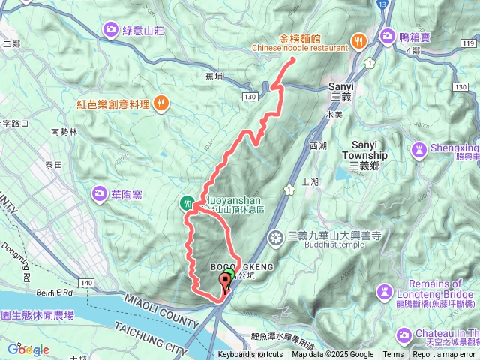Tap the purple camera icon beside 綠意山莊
(112, 30)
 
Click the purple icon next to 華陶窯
(100, 195)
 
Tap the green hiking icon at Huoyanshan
(186, 202)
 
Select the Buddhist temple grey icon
(277, 237)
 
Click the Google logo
(28, 349)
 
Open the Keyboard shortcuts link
(250, 355)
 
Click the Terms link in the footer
(393, 355)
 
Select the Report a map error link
(445, 355)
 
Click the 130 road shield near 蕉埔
(250, 97)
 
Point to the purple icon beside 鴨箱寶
(388, 35)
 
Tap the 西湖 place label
(318, 145)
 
